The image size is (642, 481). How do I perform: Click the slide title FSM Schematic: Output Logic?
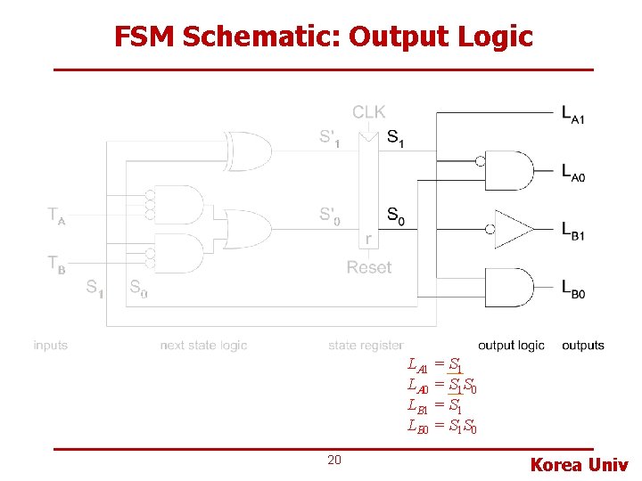(x=323, y=37)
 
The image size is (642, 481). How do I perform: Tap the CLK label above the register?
(x=368, y=112)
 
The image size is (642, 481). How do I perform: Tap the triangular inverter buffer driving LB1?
(x=512, y=228)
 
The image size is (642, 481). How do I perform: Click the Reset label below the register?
(x=368, y=267)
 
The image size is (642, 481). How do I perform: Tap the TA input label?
(x=56, y=216)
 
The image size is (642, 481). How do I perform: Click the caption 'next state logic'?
(x=203, y=345)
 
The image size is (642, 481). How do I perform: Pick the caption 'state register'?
(x=366, y=345)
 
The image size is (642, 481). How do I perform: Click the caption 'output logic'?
(x=510, y=345)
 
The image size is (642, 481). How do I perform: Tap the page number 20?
(x=334, y=460)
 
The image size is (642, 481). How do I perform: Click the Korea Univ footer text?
(x=579, y=464)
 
